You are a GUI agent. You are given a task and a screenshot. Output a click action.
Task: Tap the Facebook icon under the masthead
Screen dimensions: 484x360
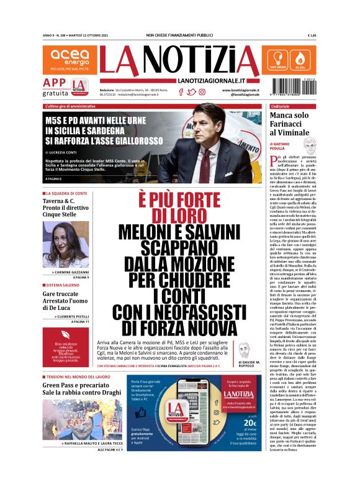tap(181, 92)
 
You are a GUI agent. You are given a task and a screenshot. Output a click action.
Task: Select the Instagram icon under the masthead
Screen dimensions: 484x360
tap(202, 92)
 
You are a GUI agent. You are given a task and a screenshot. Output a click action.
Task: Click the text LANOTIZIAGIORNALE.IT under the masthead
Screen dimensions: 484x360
tap(209, 81)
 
